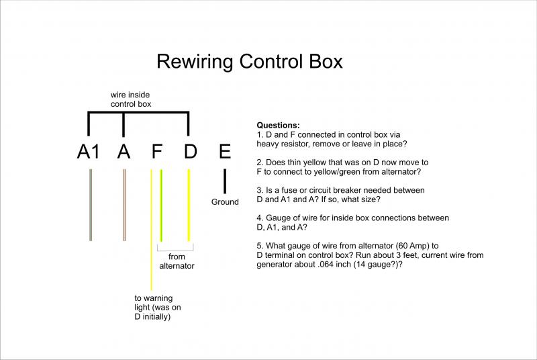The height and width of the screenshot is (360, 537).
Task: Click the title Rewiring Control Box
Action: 250,62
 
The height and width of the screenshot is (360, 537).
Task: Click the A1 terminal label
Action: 89,152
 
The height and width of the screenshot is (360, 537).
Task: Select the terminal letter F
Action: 156,152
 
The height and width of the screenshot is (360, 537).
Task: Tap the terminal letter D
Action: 190,152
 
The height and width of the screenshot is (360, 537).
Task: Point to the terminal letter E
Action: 224,152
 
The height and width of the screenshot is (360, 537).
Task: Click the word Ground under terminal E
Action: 225,201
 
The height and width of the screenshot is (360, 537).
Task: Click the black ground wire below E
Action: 224,181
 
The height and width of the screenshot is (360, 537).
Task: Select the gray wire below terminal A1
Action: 90,205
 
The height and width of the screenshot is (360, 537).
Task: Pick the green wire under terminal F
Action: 161,205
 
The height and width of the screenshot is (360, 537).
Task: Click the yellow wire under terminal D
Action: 190,205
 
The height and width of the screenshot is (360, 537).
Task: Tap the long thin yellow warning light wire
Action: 152,255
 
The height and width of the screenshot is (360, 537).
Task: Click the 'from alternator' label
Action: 177,261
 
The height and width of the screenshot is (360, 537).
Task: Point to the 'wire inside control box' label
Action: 131,100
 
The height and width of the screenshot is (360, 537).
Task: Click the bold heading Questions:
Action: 279,126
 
